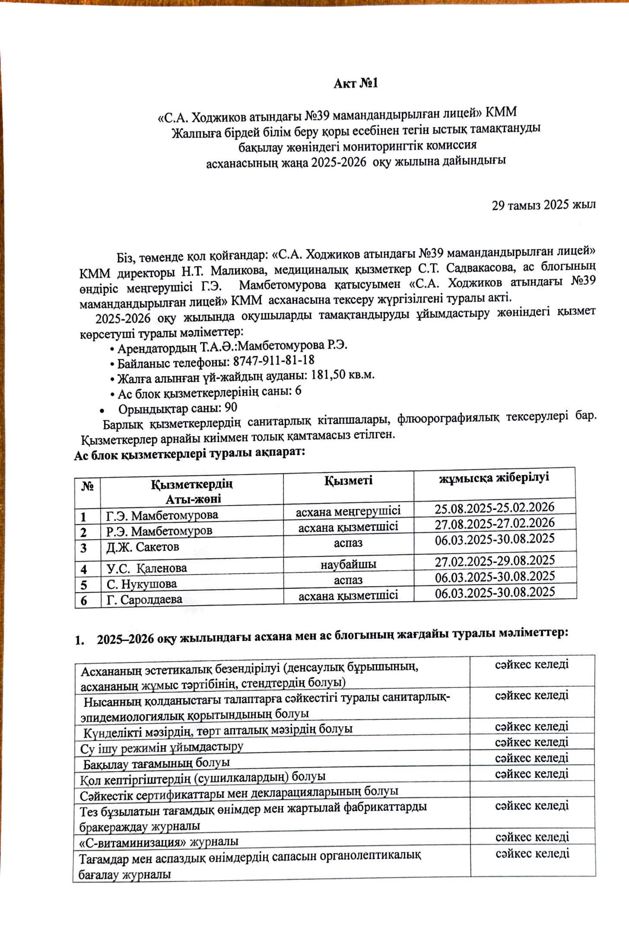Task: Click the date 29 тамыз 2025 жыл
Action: (x=543, y=205)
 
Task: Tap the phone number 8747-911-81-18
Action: (x=274, y=360)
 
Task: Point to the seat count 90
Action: (x=231, y=408)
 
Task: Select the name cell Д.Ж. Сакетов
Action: (x=143, y=547)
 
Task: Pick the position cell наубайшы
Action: (x=348, y=565)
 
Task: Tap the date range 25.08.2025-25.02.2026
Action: (x=494, y=508)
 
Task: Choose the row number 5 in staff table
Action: (x=84, y=585)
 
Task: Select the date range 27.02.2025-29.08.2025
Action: (x=495, y=560)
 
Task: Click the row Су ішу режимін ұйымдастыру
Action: (x=162, y=747)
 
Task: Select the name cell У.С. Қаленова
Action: (x=147, y=568)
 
